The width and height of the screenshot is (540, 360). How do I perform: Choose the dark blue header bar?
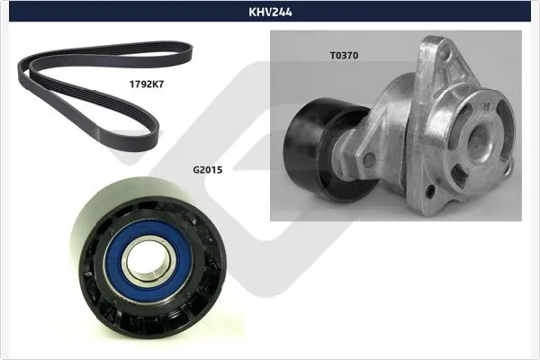pyautogui.click(x=270, y=12)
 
